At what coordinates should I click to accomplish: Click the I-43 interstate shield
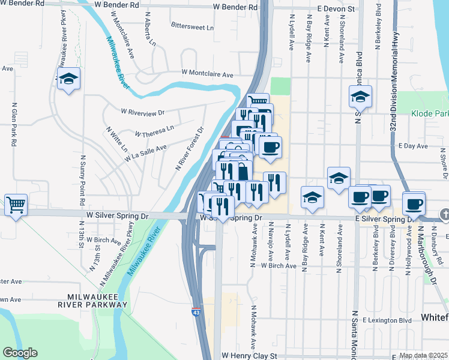(196, 313)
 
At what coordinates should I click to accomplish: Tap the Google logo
(20, 353)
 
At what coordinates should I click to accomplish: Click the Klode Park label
(430, 113)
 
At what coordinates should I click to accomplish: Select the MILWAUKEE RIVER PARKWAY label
(97, 301)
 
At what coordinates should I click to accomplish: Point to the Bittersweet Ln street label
(192, 27)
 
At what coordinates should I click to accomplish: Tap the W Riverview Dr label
(142, 112)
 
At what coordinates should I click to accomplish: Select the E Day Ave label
(413, 146)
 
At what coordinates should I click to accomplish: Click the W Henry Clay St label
(250, 355)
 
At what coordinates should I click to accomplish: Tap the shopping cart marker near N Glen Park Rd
(16, 205)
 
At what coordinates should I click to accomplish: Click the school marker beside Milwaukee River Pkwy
(68, 79)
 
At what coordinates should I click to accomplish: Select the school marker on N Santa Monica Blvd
(360, 96)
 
